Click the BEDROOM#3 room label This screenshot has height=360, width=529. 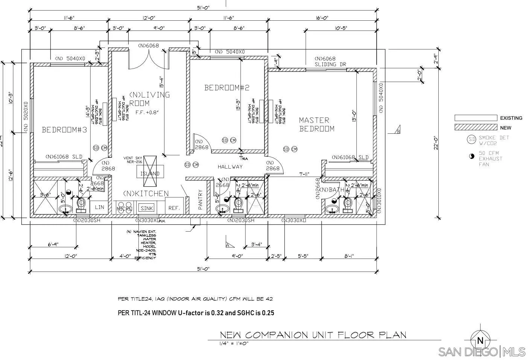pyautogui.click(x=64, y=130)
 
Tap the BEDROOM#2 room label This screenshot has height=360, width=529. pyautogui.click(x=226, y=88)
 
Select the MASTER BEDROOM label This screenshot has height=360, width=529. pyautogui.click(x=316, y=124)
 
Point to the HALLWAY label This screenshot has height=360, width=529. pyautogui.click(x=230, y=167)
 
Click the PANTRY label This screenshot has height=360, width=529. pyautogui.click(x=200, y=199)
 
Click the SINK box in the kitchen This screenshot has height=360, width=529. pyautogui.click(x=146, y=208)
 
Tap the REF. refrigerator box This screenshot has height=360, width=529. pyautogui.click(x=174, y=208)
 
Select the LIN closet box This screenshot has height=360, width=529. pyautogui.click(x=99, y=207)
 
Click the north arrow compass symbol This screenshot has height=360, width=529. pyautogui.click(x=480, y=341)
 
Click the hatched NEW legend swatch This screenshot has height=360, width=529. pyautogui.click(x=476, y=128)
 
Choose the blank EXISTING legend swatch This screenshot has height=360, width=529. pyautogui.click(x=476, y=118)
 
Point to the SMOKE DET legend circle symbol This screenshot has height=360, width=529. pyautogui.click(x=471, y=140)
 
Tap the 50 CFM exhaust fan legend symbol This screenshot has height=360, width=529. pyautogui.click(x=472, y=156)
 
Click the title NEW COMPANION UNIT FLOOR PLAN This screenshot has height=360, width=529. pyautogui.click(x=313, y=335)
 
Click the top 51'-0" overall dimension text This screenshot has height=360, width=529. pyautogui.click(x=203, y=7)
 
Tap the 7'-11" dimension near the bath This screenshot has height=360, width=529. pyautogui.click(x=304, y=174)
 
